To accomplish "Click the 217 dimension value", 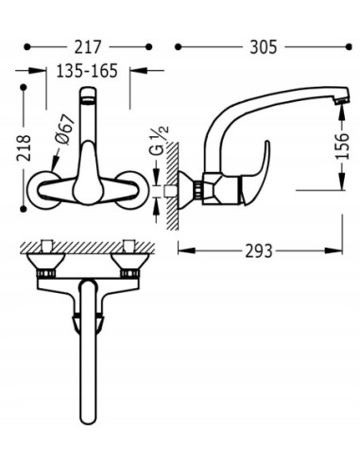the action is tap(88, 47).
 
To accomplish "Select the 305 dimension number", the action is tap(264, 47).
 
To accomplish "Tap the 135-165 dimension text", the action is tap(87, 71).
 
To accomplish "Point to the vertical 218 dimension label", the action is tap(25, 147).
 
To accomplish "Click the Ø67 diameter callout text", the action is tap(64, 129).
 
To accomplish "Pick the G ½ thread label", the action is tap(161, 141).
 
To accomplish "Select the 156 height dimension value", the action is tap(342, 146).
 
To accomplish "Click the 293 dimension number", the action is tap(258, 251).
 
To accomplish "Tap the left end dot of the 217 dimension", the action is tap(27, 47).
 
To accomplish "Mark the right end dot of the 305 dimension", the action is tap(349, 47).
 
